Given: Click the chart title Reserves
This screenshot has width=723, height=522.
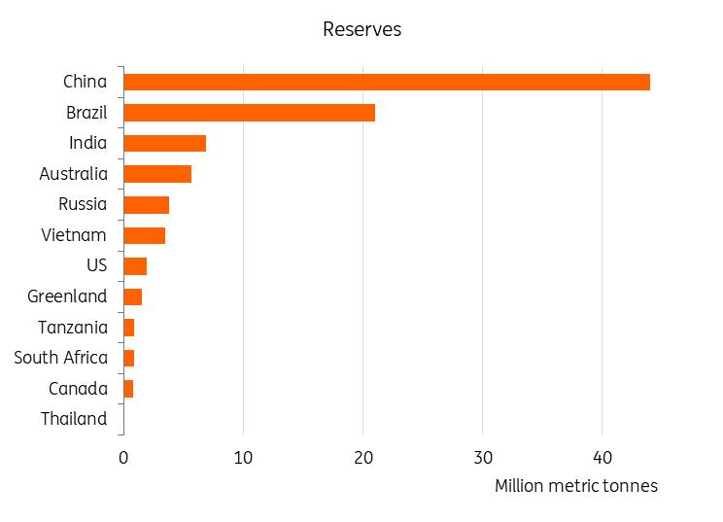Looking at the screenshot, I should point(361,29).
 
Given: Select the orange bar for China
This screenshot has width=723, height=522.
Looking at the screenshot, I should point(387,82).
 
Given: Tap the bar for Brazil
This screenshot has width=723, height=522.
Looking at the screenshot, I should point(249,113).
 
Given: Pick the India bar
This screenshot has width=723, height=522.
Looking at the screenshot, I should point(164,144).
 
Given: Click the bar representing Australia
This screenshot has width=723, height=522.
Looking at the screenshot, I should point(157,174).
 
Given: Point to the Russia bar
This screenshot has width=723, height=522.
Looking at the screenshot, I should point(146,205).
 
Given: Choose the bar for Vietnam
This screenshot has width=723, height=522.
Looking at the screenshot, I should point(144,235).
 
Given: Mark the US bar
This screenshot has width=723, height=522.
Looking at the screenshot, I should point(135,266).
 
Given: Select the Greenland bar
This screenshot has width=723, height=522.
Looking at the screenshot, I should point(132,296).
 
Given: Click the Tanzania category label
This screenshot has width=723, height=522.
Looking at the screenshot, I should point(73,328).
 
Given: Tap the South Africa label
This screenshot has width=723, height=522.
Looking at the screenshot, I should point(61,358).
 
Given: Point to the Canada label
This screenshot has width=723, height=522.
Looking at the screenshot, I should point(78,389).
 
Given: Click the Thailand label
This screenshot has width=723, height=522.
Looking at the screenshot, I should point(74,419).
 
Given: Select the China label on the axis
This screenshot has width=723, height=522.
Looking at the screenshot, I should point(85,82).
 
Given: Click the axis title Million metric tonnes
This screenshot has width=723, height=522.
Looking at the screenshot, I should point(576,486).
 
